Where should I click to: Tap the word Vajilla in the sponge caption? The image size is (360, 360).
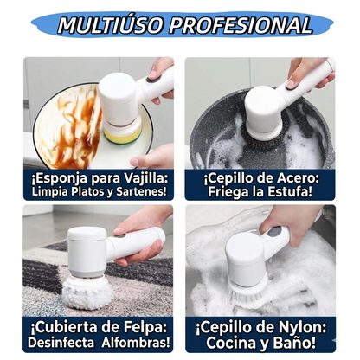[144, 177]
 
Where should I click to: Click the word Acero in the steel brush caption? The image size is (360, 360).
[291, 177]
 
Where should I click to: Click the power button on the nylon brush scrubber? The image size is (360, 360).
[274, 231]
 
